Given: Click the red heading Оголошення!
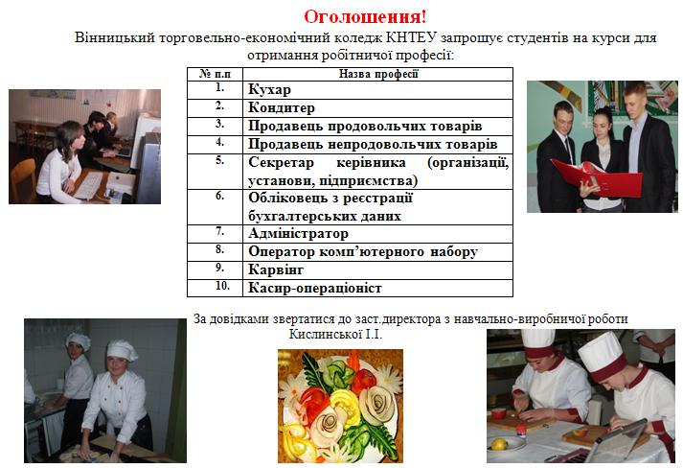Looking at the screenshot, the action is (x=365, y=17).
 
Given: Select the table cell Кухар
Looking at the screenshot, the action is (x=377, y=90).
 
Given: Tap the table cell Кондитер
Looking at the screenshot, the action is (x=377, y=108).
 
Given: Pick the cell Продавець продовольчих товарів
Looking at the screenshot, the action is (x=377, y=127).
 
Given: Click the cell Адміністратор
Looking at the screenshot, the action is (x=377, y=234).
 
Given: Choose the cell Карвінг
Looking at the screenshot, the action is (x=377, y=270).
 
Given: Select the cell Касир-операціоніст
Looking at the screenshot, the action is (x=377, y=289).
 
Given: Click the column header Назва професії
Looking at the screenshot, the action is (x=377, y=74).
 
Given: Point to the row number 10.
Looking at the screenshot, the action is (x=222, y=286).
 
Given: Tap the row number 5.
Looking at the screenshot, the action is (x=220, y=160).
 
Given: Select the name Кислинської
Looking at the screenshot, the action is (x=326, y=335).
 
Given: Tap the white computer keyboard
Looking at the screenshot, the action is (x=89, y=185).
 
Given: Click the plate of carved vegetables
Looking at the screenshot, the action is (x=340, y=406).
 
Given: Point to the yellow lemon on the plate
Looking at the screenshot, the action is (x=499, y=444).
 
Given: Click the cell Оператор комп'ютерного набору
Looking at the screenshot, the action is (x=377, y=252).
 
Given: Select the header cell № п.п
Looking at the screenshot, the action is (x=216, y=74).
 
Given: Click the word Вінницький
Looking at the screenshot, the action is (x=115, y=38).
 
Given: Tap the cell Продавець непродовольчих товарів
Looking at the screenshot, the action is (x=377, y=145).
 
